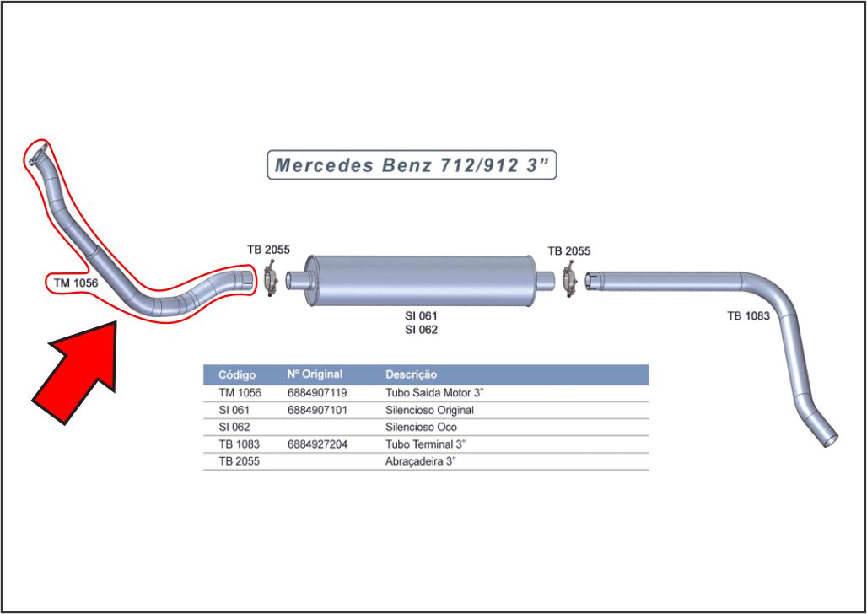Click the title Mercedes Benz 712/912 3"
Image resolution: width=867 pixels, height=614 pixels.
tap(412, 164)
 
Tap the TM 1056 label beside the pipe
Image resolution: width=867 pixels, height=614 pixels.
tap(76, 283)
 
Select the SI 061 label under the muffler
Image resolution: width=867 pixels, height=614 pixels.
tap(421, 315)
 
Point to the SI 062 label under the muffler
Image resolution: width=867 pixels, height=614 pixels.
tap(421, 330)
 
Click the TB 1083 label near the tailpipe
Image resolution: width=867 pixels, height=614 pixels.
tap(748, 316)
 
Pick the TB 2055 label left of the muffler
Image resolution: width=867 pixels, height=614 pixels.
tap(268, 250)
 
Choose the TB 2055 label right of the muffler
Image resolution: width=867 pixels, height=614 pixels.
tap(568, 250)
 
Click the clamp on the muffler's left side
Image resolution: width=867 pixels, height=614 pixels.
tap(272, 279)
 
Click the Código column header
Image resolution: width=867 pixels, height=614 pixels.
tap(236, 374)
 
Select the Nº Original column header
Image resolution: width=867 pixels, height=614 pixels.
tap(315, 374)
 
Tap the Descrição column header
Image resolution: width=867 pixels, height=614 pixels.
tap(411, 374)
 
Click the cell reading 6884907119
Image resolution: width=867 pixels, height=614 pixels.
tap(317, 393)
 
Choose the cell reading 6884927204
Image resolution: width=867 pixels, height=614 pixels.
tap(317, 444)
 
